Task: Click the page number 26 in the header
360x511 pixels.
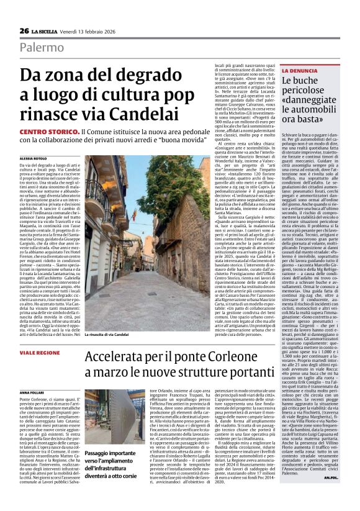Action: [x=24, y=31]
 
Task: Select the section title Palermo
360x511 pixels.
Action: [x=41, y=48]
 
